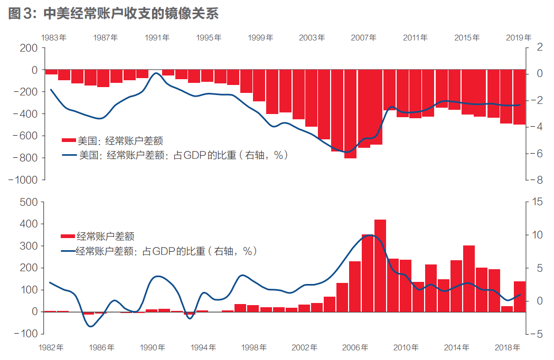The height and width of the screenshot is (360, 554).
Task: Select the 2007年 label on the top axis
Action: point(363,37)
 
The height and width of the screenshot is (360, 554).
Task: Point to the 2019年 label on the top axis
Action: point(519,37)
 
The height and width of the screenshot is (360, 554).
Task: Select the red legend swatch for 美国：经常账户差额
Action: point(69,141)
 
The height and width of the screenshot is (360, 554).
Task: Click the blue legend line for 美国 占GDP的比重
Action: point(69,155)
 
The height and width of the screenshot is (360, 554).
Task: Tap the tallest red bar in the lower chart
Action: point(380,266)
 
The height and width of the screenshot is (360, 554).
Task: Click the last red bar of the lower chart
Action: point(520,297)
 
